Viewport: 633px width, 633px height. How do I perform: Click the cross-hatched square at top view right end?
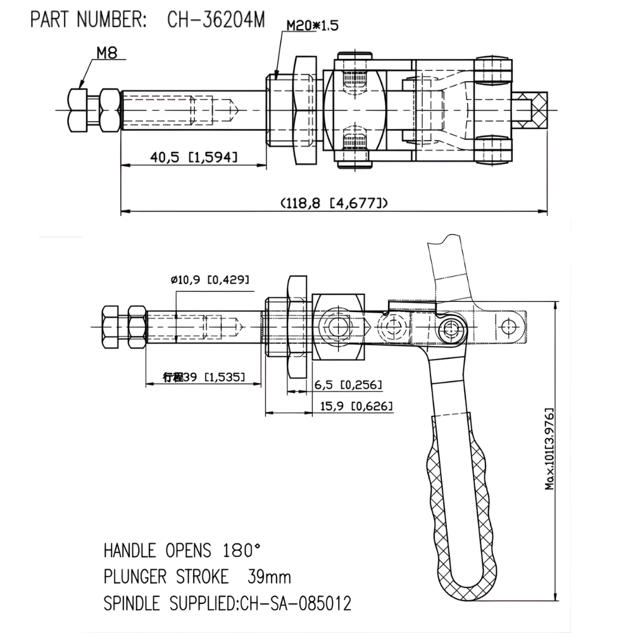[x=537, y=109]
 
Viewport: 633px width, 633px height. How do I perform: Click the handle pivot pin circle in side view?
[x=451, y=327]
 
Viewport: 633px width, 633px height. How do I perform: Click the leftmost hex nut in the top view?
[x=77, y=110]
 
